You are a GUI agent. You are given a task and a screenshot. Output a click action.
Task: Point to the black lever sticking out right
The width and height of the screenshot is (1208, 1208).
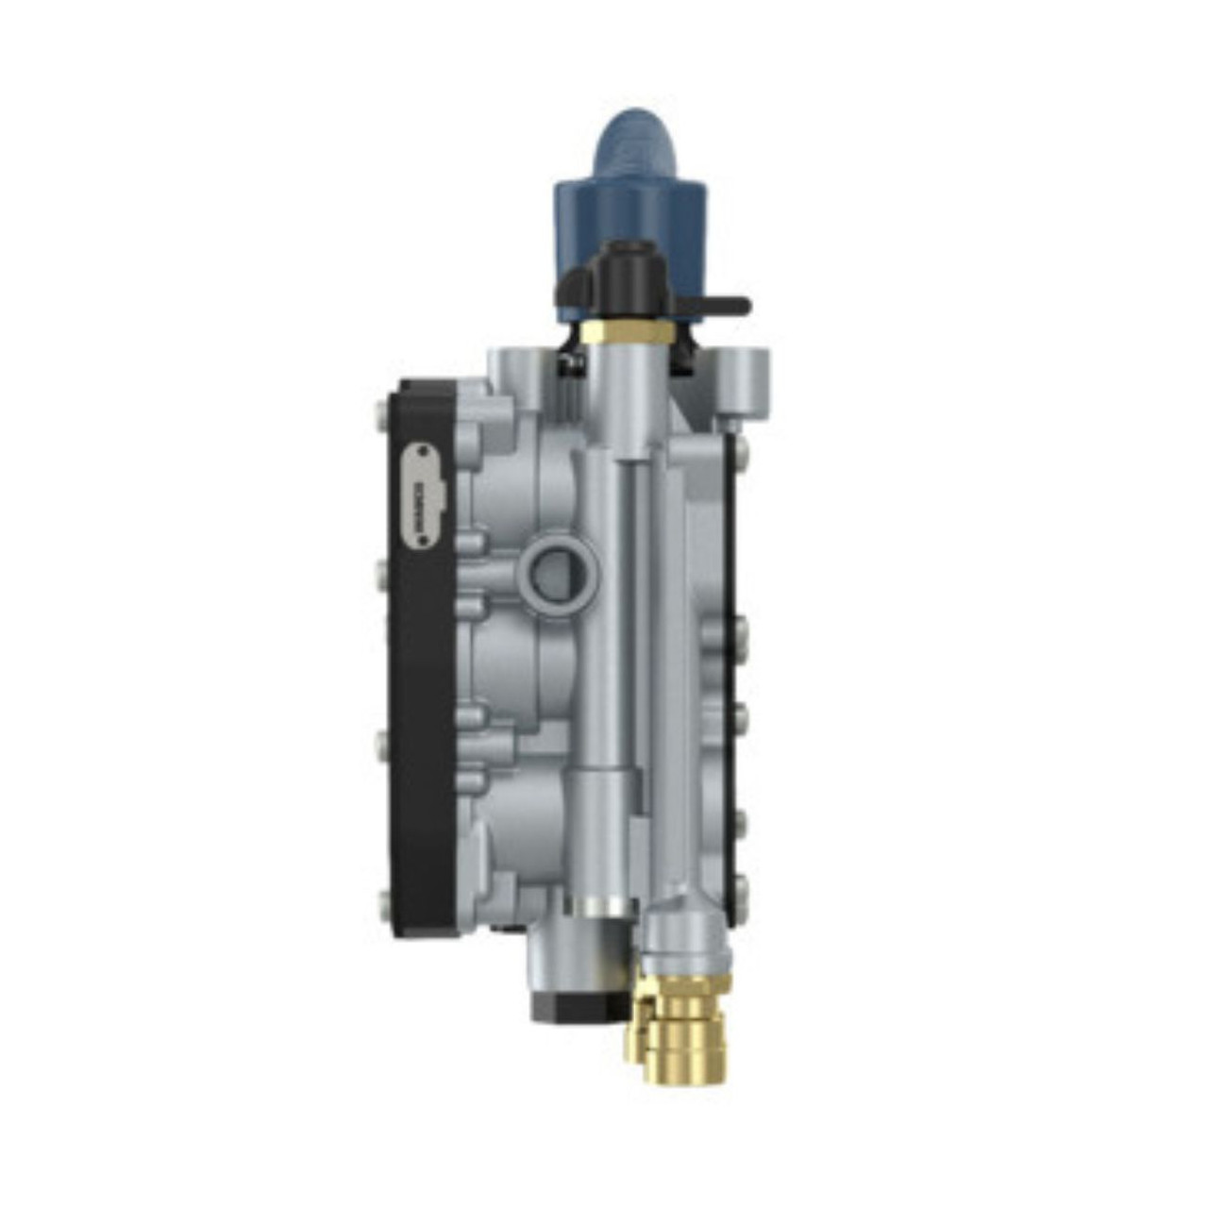coord(721,306)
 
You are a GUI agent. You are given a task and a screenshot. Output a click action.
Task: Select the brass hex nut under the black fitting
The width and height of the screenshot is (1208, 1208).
coord(626,333)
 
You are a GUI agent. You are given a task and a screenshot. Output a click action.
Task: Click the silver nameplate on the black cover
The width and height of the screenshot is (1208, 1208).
coord(423,496)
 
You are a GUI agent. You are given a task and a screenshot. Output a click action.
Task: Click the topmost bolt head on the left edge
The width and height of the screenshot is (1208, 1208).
coord(380,411)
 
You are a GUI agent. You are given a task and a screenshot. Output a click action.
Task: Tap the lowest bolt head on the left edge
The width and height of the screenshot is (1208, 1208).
coord(381,904)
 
